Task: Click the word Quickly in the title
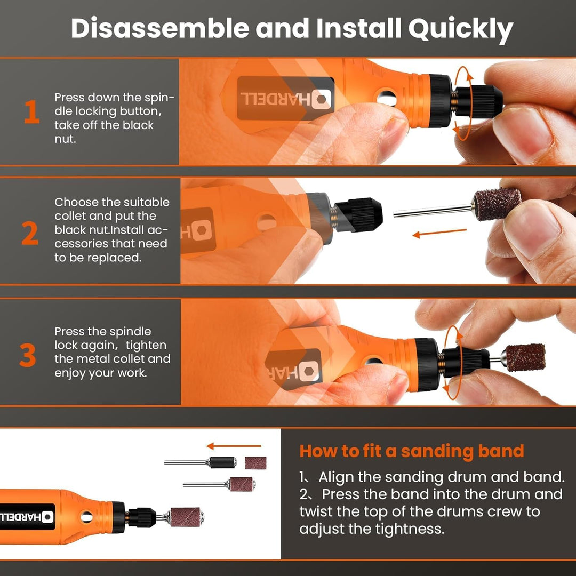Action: tap(461, 29)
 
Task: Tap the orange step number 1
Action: tap(32, 111)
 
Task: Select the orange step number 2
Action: tap(30, 233)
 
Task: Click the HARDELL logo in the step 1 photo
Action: tap(285, 99)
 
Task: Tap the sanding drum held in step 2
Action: tap(497, 204)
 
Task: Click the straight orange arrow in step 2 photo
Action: tap(439, 233)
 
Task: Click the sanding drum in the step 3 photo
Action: tap(525, 357)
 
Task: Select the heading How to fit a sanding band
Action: tap(411, 451)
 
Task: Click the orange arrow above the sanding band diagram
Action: tap(234, 446)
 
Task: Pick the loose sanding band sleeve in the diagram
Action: tap(255, 463)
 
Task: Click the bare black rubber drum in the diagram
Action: tap(222, 462)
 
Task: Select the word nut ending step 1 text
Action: tap(65, 139)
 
